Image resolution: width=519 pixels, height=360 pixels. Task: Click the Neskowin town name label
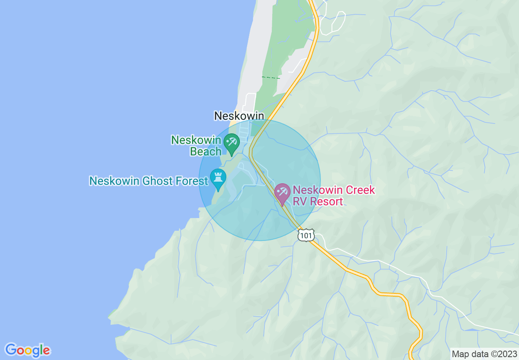tap(239, 116)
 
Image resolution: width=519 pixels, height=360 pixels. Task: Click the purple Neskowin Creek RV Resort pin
tap(282, 193)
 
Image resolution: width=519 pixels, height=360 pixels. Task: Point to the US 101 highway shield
tap(306, 235)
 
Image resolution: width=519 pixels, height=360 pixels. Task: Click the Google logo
tap(27, 350)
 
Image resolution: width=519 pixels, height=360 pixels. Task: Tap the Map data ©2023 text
tap(483, 354)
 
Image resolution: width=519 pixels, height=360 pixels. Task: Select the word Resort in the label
tap(326, 202)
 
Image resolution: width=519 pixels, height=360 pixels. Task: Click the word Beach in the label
tap(206, 152)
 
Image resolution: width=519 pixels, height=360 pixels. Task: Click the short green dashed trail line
tap(271, 77)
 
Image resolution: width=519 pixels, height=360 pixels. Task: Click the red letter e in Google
tap(47, 351)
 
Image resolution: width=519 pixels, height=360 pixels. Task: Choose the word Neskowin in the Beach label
tap(196, 140)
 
